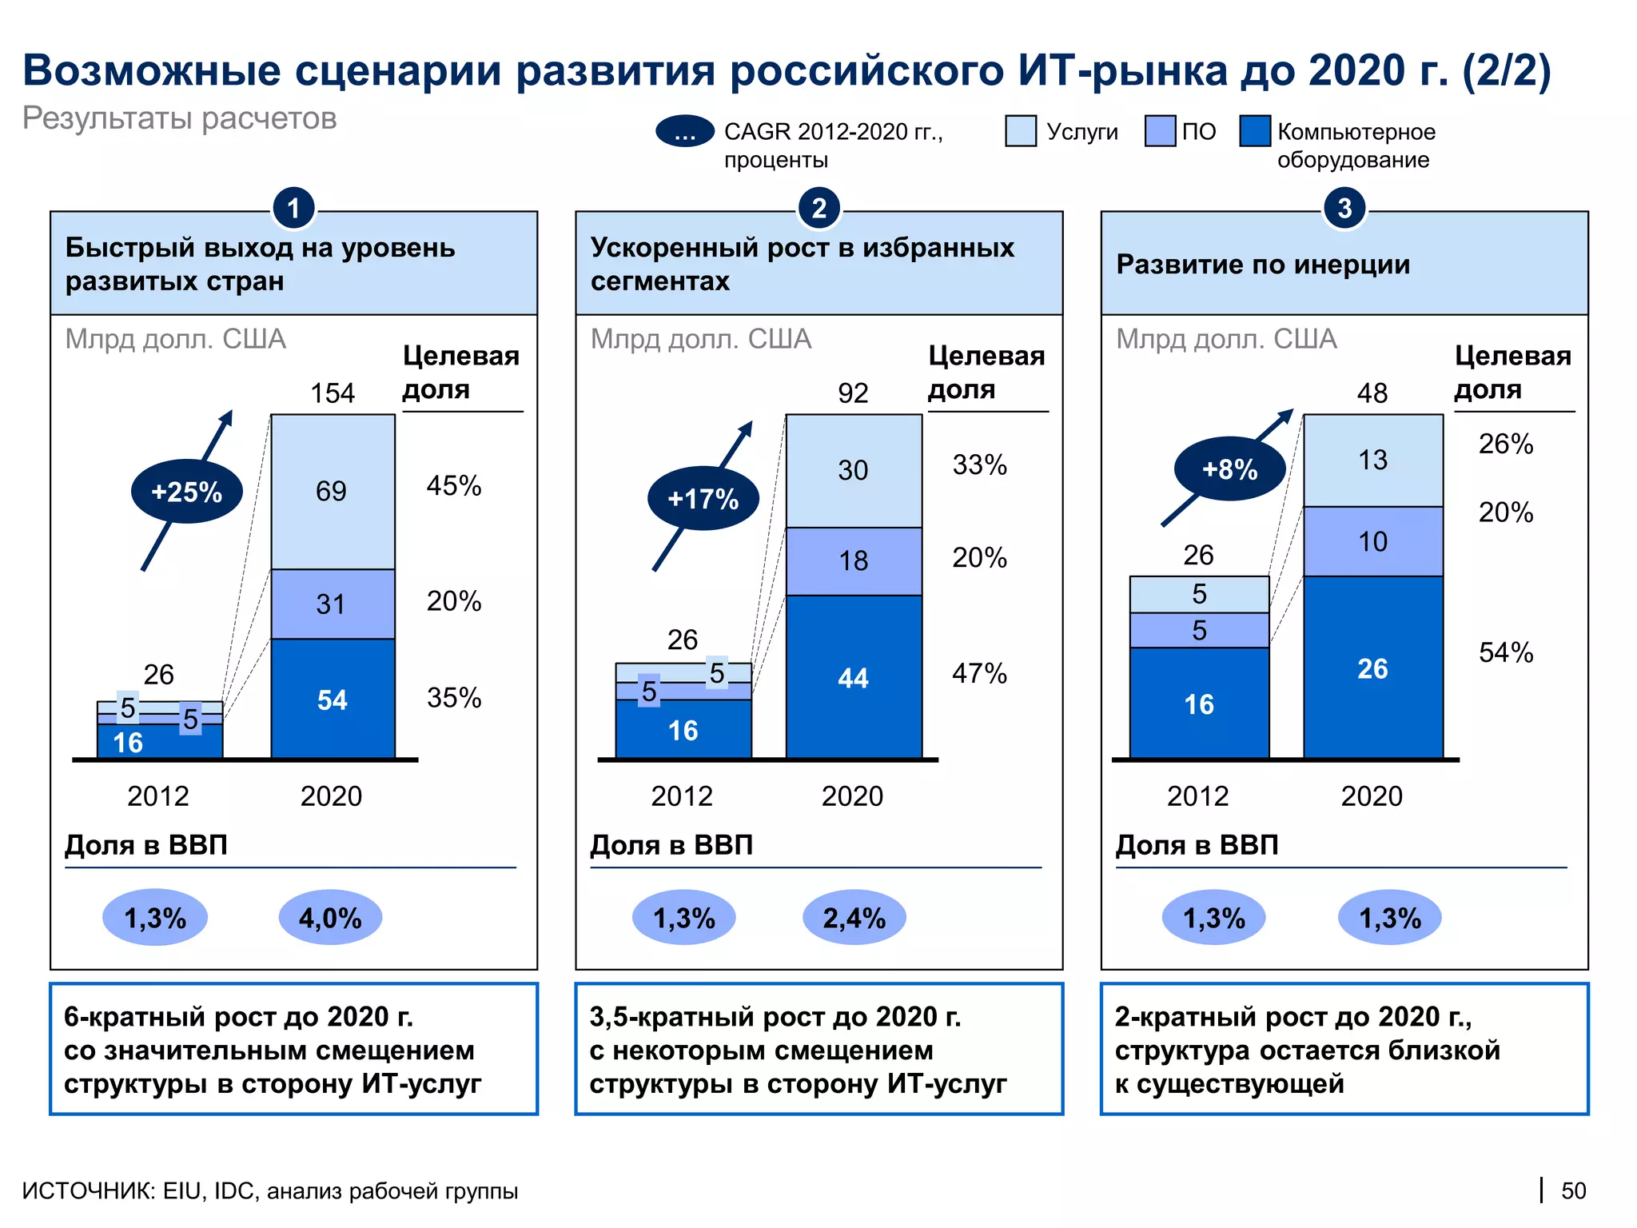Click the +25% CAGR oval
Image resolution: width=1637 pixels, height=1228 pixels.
click(x=186, y=491)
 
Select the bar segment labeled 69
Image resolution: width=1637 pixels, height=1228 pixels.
click(x=333, y=491)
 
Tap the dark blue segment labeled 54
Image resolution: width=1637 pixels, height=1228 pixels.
click(x=333, y=700)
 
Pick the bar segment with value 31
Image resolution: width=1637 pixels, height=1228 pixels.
click(x=333, y=604)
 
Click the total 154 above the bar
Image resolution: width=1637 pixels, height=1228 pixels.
click(x=333, y=393)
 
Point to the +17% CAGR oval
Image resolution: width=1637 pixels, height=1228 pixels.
click(x=703, y=498)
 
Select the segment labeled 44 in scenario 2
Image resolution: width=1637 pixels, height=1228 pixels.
click(x=853, y=678)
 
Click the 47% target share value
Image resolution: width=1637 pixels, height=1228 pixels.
click(x=979, y=673)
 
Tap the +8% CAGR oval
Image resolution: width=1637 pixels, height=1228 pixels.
click(x=1229, y=468)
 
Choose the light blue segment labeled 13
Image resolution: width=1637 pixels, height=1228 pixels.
click(x=1372, y=460)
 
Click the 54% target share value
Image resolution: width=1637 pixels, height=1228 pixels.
click(x=1506, y=652)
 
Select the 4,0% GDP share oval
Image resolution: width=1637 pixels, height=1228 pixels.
click(x=330, y=918)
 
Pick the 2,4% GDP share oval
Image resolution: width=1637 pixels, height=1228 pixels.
click(x=854, y=918)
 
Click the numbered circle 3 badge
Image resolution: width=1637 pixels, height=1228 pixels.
click(x=1344, y=208)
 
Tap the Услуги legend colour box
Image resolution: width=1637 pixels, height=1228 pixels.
click(x=1021, y=131)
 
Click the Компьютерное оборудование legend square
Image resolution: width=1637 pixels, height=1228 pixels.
click(x=1255, y=131)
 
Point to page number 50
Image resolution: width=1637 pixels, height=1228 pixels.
click(x=1573, y=1190)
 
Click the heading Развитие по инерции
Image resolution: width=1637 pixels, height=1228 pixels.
click(x=1263, y=265)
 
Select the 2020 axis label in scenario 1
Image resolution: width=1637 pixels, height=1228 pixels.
click(x=331, y=796)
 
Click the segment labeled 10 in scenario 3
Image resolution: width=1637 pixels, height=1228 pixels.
click(x=1372, y=541)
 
